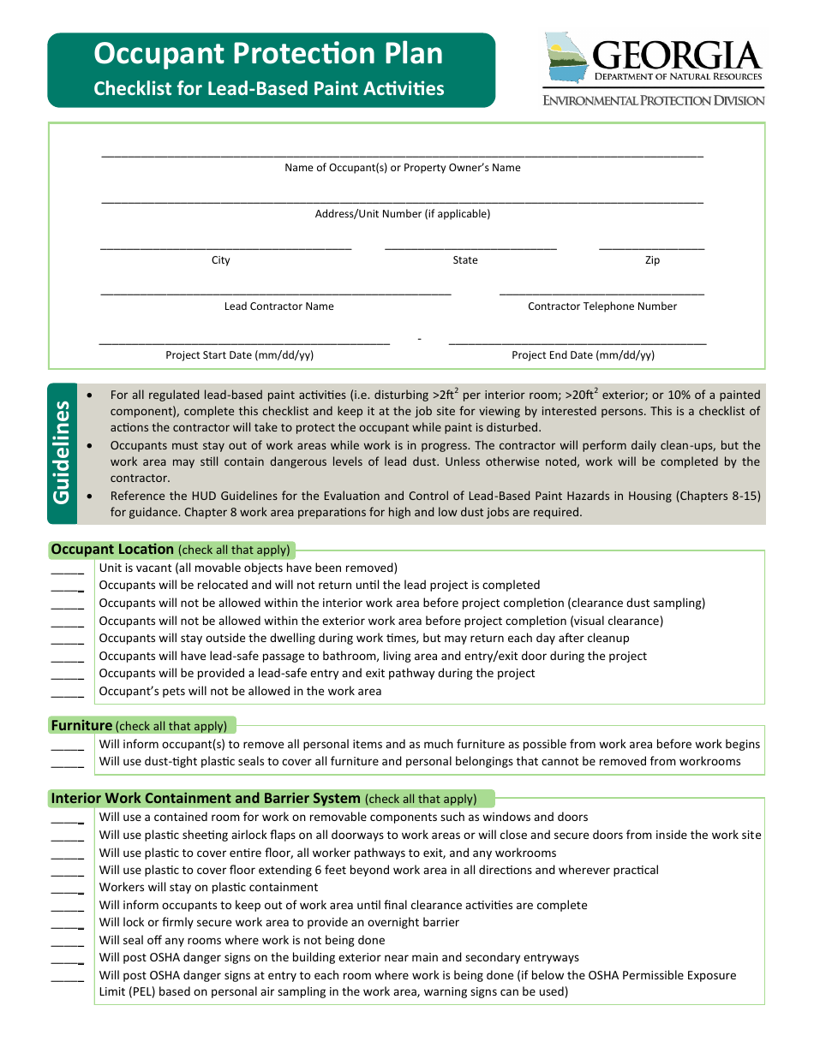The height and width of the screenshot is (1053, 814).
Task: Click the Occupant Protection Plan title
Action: (268, 54)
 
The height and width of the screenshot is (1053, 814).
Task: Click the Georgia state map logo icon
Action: (566, 57)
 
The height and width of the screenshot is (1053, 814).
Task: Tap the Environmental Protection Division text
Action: (653, 100)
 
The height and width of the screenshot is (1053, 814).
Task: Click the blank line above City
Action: (225, 247)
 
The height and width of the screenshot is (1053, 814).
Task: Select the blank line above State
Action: (470, 247)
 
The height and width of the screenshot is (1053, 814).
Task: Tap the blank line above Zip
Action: (651, 247)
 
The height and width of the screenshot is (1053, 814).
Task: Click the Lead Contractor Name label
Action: (278, 306)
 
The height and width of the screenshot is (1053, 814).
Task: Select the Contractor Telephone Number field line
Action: (602, 294)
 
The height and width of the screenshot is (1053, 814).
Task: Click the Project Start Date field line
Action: (244, 342)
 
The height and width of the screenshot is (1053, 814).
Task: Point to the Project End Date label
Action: (583, 355)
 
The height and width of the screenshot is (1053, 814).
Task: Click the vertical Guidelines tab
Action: (62, 452)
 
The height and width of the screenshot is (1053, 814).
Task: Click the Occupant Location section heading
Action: (112, 550)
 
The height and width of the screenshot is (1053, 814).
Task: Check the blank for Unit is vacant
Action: (67, 570)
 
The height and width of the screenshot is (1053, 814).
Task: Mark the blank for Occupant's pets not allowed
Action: (67, 693)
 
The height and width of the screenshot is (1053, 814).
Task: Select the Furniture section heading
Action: (81, 726)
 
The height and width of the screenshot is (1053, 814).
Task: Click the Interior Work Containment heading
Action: (206, 799)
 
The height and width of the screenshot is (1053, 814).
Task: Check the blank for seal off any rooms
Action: (67, 943)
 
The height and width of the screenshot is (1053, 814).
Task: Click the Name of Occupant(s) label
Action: (403, 168)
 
